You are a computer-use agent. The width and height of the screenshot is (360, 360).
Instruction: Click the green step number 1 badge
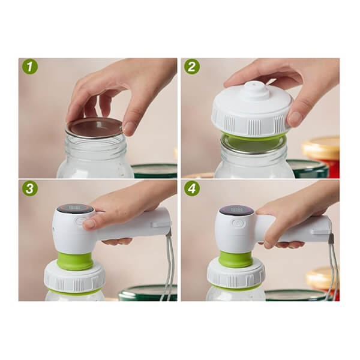[x=30, y=67]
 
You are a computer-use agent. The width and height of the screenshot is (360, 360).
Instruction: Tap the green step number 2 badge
[x=193, y=67]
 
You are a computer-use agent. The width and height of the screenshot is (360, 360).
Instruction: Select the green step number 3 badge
[x=30, y=188]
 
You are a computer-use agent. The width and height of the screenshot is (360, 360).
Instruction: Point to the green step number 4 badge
[x=193, y=188]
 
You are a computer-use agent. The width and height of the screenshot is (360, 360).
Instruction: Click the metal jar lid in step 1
[x=94, y=127]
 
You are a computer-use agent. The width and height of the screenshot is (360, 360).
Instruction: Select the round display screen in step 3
[x=76, y=208]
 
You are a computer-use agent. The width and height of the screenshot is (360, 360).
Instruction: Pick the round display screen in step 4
[x=237, y=209]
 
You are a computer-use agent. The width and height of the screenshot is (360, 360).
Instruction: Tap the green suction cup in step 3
[x=76, y=261]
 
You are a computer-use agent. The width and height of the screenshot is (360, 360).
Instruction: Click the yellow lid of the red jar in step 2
[x=322, y=148]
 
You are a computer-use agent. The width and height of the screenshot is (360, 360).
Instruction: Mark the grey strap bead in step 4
[x=332, y=238]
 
